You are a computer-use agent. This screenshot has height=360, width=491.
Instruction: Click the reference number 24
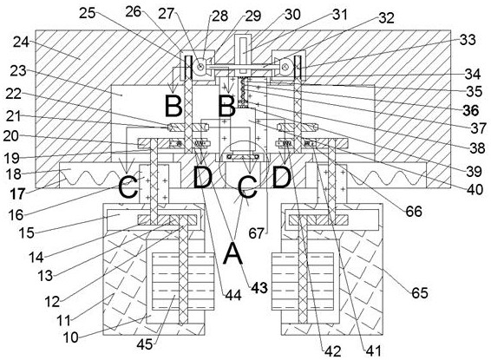[21, 43]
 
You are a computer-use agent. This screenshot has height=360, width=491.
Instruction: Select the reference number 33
[468, 40]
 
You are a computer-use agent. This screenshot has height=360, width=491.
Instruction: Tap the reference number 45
[145, 344]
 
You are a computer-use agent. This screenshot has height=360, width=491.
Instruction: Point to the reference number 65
[420, 292]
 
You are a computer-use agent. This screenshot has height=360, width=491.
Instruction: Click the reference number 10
[70, 337]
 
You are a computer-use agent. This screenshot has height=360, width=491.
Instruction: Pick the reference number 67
[257, 233]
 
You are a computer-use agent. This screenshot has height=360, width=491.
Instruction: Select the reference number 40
[475, 189]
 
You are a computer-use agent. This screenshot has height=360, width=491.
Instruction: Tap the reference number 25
[88, 13]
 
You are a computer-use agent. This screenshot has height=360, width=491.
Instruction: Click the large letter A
[233, 253]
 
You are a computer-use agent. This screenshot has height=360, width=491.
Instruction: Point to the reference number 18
[14, 174]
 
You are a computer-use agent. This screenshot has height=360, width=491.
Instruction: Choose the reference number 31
[339, 15]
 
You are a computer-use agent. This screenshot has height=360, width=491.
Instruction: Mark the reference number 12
[52, 302]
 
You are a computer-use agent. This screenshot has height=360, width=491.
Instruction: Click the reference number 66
[414, 212]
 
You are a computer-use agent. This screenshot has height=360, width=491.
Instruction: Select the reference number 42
[332, 351]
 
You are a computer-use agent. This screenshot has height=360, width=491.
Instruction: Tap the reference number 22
[13, 94]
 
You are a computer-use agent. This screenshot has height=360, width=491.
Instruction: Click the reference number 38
[477, 148]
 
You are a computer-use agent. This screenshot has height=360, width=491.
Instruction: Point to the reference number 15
[26, 232]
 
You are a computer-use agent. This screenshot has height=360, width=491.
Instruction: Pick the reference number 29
[253, 16]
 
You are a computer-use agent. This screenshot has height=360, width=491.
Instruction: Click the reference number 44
[233, 295]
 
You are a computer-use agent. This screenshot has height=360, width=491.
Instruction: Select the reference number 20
[11, 136]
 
